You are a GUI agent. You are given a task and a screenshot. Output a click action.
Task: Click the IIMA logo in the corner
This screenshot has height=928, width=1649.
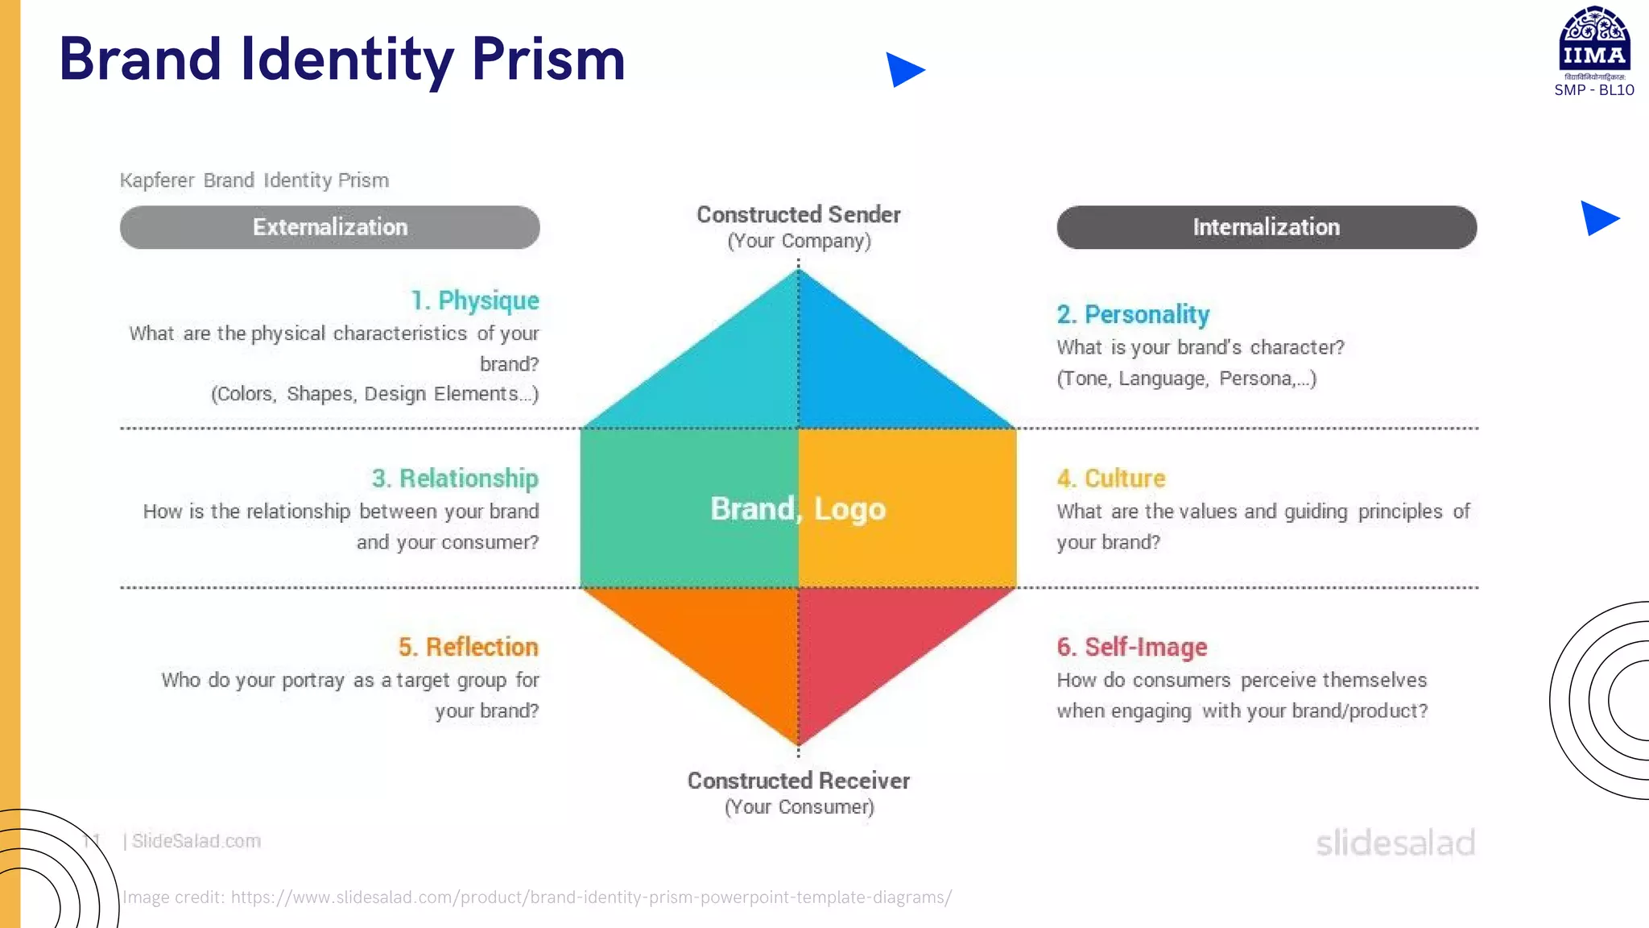tap(1594, 44)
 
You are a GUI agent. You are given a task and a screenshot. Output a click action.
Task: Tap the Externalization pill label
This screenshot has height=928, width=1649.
tap(330, 227)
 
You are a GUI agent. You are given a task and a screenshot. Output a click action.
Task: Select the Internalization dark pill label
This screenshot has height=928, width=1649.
tap(1267, 227)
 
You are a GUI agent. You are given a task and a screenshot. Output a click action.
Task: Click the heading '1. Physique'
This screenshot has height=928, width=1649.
tap(475, 300)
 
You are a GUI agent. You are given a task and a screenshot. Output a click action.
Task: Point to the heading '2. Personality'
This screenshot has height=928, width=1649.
tap(1133, 314)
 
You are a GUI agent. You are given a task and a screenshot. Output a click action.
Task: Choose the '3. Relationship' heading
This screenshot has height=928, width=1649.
tap(455, 478)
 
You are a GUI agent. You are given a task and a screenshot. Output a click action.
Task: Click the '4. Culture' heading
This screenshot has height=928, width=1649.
tap(1111, 478)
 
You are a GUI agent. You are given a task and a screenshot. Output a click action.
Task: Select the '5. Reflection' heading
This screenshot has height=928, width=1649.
tap(468, 647)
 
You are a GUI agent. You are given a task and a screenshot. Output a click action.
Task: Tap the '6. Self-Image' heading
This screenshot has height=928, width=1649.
tap(1132, 647)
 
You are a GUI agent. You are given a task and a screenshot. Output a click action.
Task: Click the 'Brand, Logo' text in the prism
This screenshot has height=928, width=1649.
tap(798, 509)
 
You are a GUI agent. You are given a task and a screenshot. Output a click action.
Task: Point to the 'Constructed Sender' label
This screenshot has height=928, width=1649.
tap(798, 214)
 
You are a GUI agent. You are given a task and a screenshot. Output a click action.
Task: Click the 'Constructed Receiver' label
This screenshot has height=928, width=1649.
tap(798, 781)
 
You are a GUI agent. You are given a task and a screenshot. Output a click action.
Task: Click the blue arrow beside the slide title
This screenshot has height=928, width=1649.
tap(903, 70)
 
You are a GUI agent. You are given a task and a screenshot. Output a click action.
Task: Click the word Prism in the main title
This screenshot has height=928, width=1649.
tap(548, 60)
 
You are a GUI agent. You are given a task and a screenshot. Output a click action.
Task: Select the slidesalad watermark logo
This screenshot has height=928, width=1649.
tap(1395, 843)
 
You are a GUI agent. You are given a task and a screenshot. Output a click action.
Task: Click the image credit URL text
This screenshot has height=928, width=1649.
tap(591, 897)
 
